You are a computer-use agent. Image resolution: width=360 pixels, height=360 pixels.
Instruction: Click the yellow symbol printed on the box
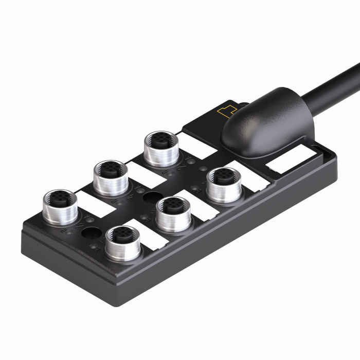227,111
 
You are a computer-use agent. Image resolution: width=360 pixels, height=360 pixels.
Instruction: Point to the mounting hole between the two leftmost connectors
90,234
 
